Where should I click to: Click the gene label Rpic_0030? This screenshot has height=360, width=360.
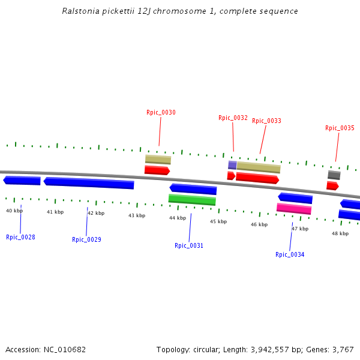point(161,112)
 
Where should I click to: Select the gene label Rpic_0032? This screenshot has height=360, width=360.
point(233,118)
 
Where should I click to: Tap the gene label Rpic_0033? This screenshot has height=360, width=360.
point(266,121)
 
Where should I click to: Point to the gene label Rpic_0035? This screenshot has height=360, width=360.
point(340,128)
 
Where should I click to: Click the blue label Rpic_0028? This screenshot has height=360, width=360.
point(20,237)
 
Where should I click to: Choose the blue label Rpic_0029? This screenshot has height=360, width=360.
point(86,239)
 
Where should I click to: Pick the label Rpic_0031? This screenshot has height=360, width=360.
point(189,245)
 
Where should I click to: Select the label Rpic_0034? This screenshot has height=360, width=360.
point(290,254)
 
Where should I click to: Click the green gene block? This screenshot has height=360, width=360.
point(192,200)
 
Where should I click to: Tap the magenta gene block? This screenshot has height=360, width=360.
point(294,209)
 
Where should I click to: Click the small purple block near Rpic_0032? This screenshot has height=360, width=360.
point(232,165)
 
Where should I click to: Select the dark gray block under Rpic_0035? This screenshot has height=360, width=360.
point(334,175)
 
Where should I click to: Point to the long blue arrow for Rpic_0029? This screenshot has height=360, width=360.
point(89,182)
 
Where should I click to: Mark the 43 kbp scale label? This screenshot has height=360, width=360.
point(137,215)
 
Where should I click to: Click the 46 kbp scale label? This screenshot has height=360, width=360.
point(259,224)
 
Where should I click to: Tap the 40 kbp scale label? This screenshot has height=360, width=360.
point(14,211)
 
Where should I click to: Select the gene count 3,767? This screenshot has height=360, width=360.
point(342,349)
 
